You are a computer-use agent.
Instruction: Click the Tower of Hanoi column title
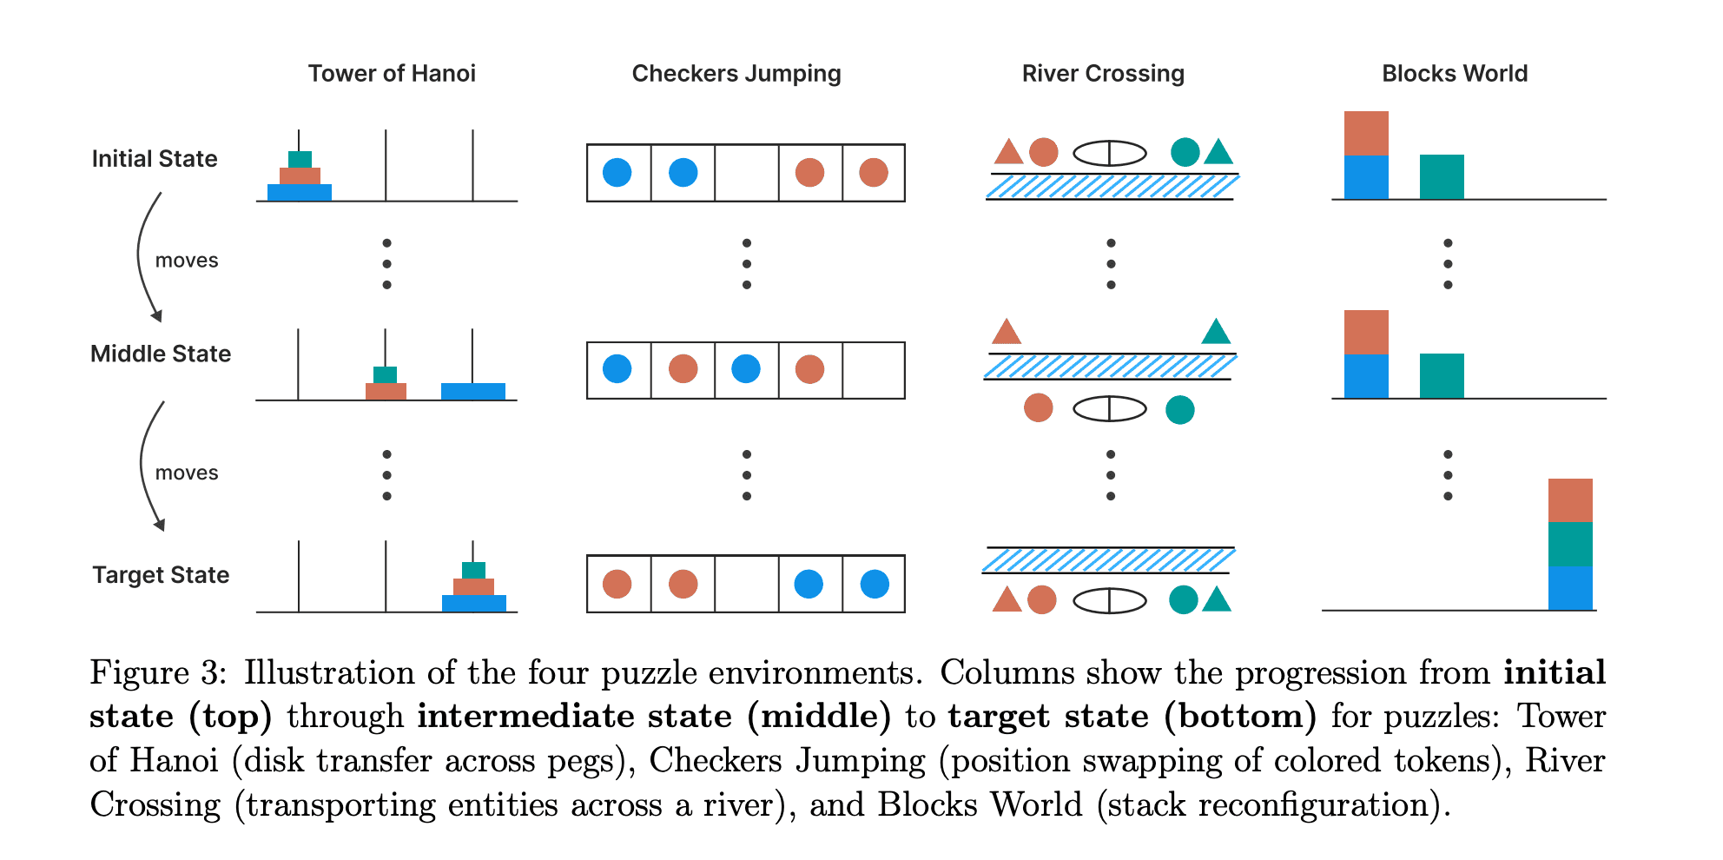tap(392, 74)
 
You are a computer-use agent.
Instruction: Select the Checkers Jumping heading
tap(736, 74)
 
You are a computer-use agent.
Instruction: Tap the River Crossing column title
tap(1103, 74)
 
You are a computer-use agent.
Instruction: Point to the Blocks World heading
tap(1455, 74)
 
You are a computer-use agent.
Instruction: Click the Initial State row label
tap(155, 159)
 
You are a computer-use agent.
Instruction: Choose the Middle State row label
tap(161, 354)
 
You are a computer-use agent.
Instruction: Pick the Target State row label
tap(161, 575)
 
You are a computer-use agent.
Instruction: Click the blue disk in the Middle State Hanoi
tap(473, 391)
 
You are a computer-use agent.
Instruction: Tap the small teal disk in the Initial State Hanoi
tap(300, 159)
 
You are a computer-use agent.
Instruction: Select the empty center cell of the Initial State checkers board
tap(746, 173)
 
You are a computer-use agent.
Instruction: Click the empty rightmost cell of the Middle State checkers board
tap(874, 370)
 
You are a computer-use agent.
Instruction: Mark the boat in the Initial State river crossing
tap(1110, 153)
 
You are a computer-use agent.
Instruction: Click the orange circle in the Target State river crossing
tap(1041, 599)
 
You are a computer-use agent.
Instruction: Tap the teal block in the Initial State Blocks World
tap(1442, 176)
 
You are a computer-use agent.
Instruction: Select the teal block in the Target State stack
tap(1570, 544)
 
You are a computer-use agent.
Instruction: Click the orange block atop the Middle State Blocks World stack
tap(1366, 332)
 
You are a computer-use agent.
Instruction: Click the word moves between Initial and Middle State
tap(187, 261)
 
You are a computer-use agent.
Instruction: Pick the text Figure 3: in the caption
tap(158, 673)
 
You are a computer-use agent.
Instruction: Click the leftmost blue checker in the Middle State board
tap(617, 369)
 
